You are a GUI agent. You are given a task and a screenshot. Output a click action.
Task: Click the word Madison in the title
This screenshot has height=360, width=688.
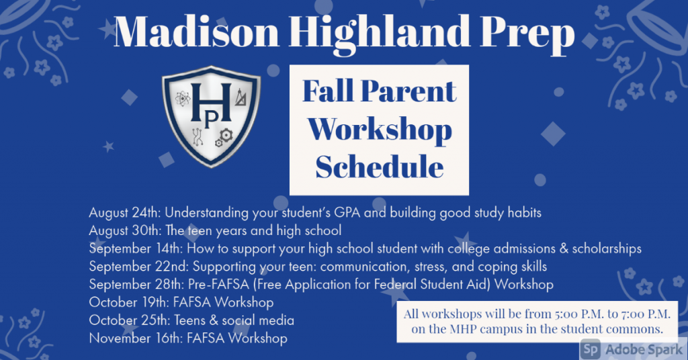[x=196, y=32]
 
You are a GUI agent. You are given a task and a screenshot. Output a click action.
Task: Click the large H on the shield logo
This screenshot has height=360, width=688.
[x=211, y=102]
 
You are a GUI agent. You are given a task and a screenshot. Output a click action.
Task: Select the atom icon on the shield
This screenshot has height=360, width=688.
[x=183, y=99]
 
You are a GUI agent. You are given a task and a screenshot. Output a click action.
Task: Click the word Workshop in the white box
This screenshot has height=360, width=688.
[x=380, y=131]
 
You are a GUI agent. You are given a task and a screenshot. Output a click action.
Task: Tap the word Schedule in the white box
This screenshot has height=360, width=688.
[x=380, y=167]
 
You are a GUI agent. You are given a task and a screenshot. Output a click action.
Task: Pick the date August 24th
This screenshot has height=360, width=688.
[x=125, y=213]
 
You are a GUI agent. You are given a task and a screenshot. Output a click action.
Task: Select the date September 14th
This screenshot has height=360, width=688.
[x=136, y=249]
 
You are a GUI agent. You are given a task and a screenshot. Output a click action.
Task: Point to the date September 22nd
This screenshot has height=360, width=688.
[x=138, y=267]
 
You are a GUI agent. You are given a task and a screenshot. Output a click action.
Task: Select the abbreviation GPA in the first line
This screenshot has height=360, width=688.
[x=347, y=213]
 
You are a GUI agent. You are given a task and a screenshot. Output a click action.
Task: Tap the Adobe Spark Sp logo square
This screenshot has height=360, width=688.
[x=591, y=349]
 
